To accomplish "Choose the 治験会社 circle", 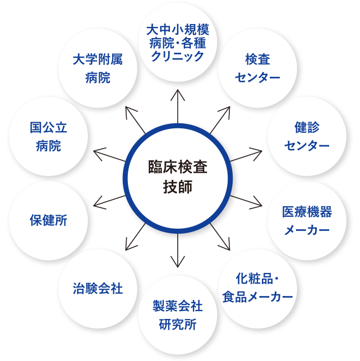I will pos(98,289).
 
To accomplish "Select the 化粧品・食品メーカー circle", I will pos(257,288).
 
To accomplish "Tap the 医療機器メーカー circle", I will pos(307,220).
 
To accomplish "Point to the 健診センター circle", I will pos(307,137).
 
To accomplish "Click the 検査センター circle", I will pos(257,70).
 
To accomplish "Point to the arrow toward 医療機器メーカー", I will pos(250,201).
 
